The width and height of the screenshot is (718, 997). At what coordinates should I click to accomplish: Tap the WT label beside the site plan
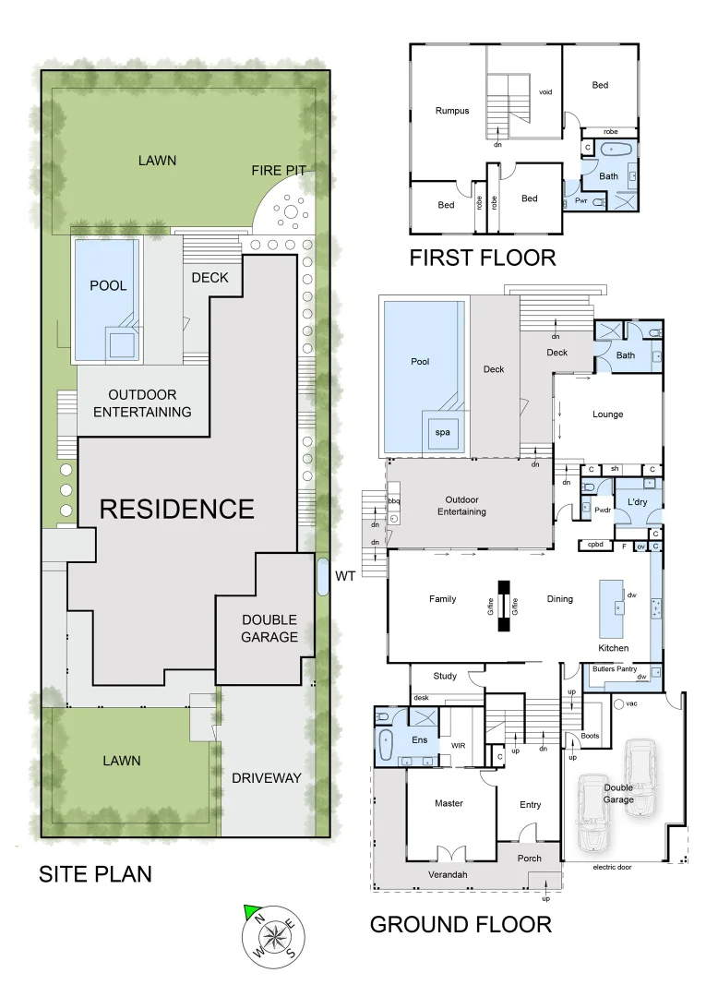pyautogui.click(x=345, y=576)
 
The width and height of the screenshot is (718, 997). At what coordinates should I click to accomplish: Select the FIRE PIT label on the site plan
pyautogui.click(x=278, y=170)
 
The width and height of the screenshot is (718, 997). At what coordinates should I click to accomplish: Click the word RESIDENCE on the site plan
pyautogui.click(x=176, y=509)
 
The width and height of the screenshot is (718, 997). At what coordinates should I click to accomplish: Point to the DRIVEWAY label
pyautogui.click(x=267, y=778)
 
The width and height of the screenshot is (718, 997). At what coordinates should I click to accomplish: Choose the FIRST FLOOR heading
pyautogui.click(x=483, y=258)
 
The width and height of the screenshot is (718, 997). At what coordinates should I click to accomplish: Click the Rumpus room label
pyautogui.click(x=452, y=111)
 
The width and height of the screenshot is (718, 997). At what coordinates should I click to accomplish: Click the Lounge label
pyautogui.click(x=607, y=414)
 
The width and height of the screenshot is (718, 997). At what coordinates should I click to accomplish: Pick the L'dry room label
pyautogui.click(x=638, y=501)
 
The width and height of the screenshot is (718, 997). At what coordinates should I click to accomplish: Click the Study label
pyautogui.click(x=445, y=676)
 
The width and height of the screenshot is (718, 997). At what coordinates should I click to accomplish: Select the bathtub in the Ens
pyautogui.click(x=386, y=742)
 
